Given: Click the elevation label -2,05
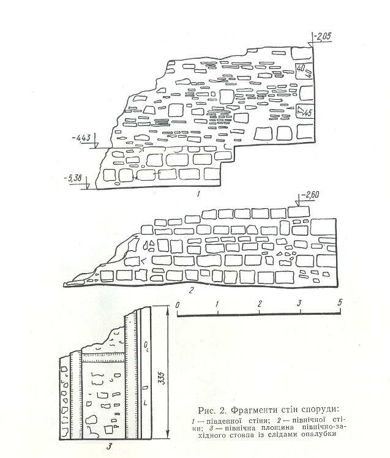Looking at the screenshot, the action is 323,37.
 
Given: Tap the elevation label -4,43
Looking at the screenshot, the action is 81,137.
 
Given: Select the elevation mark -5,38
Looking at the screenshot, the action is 73,178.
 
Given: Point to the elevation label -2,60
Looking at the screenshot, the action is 309,195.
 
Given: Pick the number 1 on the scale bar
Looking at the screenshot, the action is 217,304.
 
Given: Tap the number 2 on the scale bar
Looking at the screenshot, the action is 260,304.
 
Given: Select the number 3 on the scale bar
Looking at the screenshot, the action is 299,303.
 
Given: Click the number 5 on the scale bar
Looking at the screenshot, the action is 340,302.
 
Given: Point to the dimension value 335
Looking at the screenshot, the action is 162,378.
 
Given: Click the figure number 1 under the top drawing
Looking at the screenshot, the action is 198,193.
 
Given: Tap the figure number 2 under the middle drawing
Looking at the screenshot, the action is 192,290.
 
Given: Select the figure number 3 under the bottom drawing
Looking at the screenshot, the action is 110,446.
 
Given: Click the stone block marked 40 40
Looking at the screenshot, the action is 304,70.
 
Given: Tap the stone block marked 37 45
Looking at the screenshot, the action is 304,110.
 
